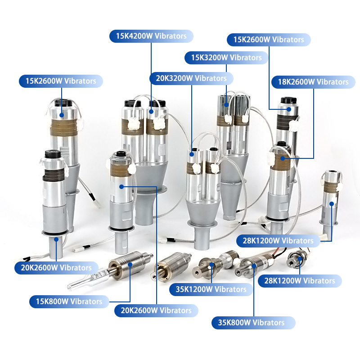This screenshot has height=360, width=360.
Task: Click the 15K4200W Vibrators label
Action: pos(151,36)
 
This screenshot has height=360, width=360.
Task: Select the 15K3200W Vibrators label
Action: pos(226,58)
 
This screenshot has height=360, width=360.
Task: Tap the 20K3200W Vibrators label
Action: pos(191,78)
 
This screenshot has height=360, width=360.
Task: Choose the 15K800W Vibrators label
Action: pos(69,301)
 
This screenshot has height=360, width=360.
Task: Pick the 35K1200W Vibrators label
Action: pos(211,289)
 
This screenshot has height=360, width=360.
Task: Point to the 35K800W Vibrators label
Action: pos(253,323)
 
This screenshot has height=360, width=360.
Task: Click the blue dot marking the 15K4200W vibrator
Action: pos(151,112)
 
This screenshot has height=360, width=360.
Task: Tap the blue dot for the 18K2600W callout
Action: pos(283,158)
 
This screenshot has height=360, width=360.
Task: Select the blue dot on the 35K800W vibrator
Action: pos(254,266)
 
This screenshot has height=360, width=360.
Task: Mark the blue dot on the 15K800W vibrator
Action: pos(130,265)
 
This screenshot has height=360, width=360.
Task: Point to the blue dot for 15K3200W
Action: pos(226,105)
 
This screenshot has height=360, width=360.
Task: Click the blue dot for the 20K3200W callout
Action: pos(192,154)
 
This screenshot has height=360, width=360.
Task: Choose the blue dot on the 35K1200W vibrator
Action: pos(211,265)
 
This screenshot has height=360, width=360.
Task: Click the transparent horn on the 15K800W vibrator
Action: pos(87,279)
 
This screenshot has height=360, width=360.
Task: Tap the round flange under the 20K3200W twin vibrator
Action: pos(202,224)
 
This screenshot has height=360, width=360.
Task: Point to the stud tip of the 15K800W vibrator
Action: pos(151,255)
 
